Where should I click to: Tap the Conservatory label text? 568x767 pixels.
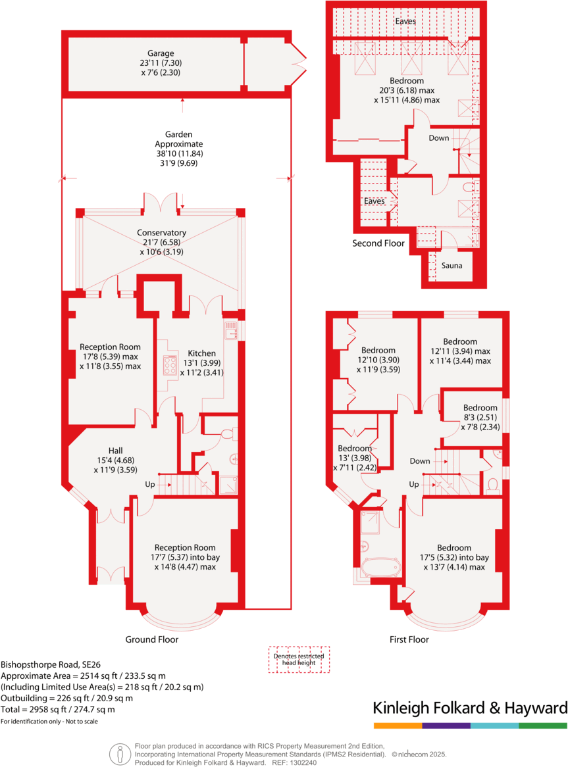(x=161, y=233)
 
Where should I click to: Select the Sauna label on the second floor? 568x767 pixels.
(x=452, y=266)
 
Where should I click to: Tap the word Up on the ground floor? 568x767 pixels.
(x=151, y=485)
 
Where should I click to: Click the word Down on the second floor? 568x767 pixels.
(x=438, y=138)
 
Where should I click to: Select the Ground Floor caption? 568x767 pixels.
(x=152, y=639)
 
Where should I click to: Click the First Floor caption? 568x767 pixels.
(x=409, y=639)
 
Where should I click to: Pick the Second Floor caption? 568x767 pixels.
(x=378, y=243)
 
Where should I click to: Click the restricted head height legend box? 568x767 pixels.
(x=298, y=658)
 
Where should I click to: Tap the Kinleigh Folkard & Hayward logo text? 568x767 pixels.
(x=470, y=708)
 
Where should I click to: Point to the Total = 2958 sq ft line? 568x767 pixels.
(x=58, y=709)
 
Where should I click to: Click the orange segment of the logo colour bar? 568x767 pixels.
(x=398, y=726)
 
